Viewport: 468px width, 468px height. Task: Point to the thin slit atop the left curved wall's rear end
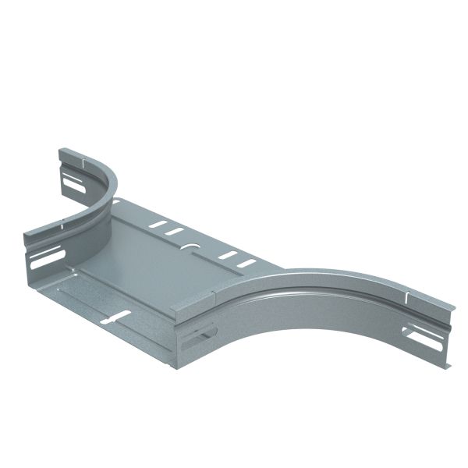coord(80,165)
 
